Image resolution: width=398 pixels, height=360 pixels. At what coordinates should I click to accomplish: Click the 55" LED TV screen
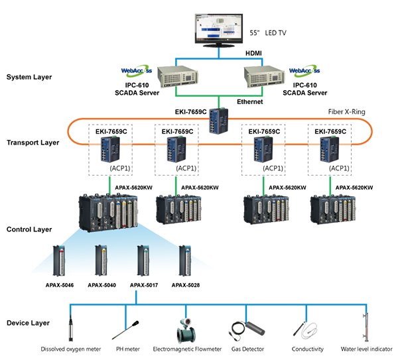[219, 30]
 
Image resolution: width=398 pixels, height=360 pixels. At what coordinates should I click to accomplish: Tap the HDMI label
[253, 53]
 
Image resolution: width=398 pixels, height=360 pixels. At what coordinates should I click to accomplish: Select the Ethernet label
[250, 101]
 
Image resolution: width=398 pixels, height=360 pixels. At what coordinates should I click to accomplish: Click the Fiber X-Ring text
[346, 112]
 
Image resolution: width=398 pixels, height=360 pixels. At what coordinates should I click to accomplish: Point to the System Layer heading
[29, 77]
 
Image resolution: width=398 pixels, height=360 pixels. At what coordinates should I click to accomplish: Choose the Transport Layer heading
[33, 143]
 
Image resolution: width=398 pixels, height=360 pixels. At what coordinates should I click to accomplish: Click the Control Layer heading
[29, 229]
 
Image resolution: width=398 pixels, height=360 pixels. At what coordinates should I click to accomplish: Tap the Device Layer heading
[28, 323]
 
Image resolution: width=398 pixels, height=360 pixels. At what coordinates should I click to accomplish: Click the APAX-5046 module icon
[59, 261]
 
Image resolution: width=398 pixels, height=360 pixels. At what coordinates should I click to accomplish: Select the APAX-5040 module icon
[101, 261]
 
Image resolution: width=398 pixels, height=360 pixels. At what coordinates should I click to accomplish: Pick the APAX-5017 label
[144, 285]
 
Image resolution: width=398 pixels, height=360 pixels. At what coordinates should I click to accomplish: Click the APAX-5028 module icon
[185, 261]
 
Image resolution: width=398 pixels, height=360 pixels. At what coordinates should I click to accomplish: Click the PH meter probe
[125, 330]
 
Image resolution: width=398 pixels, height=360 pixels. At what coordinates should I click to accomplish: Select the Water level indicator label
[366, 349]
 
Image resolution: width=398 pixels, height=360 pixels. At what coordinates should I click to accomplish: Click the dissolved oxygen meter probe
[71, 328]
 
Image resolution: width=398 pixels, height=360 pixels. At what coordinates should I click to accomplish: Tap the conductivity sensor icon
[305, 330]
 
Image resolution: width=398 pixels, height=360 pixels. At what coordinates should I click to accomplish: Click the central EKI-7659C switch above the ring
[218, 121]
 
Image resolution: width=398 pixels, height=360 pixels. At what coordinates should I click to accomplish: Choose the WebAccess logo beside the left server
[137, 71]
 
